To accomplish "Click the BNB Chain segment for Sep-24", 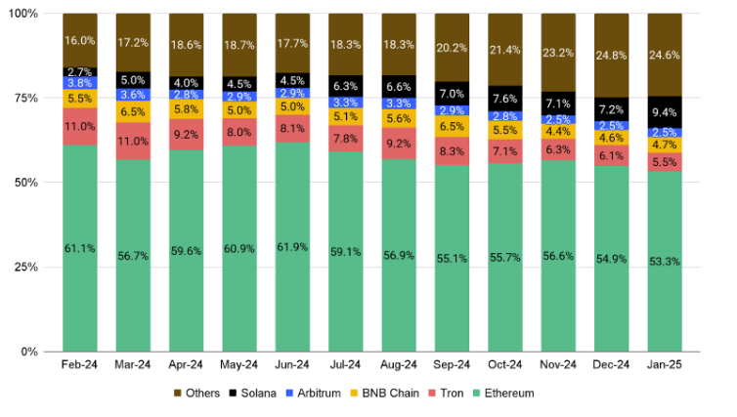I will pos(453,127).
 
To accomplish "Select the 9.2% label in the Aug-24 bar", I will pos(400,143).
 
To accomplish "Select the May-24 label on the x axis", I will pos(239,364).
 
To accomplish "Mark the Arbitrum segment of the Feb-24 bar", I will pos(80,83).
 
